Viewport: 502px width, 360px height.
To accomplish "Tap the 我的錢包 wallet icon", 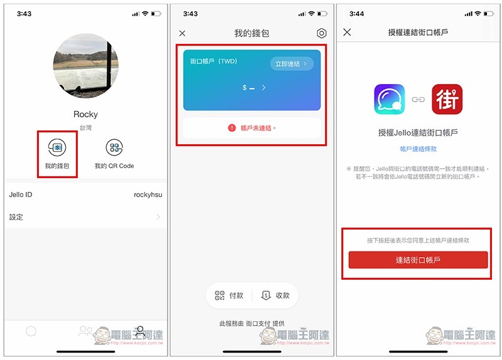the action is [x=57, y=147].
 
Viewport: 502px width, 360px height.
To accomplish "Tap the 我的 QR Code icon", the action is [x=114, y=147].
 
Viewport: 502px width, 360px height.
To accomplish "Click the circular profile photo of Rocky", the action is [x=86, y=66].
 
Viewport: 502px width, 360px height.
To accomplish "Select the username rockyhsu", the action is [x=148, y=194].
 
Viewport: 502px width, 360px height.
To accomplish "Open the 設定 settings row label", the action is [x=16, y=217].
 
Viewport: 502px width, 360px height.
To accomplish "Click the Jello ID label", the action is [x=21, y=194].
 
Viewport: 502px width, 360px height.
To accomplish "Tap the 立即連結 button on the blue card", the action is [x=292, y=64].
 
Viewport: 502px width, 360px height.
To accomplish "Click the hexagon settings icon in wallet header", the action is [x=321, y=33].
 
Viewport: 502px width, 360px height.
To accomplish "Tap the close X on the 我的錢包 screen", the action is [x=182, y=33].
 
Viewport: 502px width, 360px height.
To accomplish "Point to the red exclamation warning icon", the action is [x=232, y=128].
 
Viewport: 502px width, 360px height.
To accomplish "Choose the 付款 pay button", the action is [x=229, y=295].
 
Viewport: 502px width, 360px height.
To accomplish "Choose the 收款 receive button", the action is [x=275, y=295].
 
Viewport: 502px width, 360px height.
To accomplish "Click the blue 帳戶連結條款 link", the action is [x=418, y=149].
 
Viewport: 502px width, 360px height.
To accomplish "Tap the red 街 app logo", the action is [x=447, y=99].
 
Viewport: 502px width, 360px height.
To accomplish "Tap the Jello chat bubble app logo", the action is [x=389, y=99].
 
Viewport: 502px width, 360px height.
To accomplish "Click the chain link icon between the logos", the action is [x=418, y=100].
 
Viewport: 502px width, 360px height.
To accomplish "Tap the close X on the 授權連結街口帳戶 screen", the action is [x=347, y=32].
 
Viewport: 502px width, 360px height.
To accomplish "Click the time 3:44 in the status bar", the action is [x=356, y=14].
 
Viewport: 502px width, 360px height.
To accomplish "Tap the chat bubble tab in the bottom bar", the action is [x=31, y=331].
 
